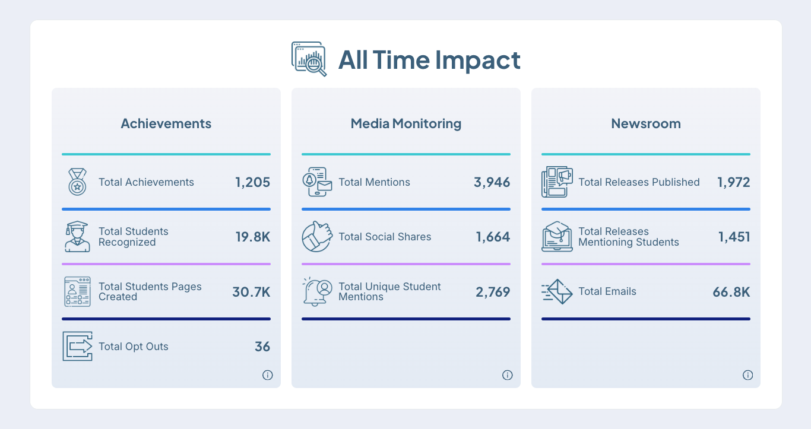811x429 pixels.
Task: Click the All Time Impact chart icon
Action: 309,59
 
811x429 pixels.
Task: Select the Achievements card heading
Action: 166,123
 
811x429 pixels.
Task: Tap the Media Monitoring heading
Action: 406,123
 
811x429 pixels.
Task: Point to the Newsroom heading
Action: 646,123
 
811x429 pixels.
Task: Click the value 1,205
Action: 252,182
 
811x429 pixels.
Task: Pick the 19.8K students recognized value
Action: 253,237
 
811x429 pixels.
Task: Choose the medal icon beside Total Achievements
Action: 77,182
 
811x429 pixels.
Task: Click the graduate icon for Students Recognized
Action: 77,237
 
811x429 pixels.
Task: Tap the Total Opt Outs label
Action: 134,347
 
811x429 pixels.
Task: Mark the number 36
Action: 262,347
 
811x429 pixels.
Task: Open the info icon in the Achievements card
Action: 268,375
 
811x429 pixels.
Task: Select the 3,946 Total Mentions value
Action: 492,182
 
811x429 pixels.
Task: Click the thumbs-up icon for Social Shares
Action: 316,237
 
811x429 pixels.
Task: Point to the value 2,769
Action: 493,292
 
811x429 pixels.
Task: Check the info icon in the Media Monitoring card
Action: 508,375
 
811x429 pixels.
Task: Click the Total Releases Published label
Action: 639,182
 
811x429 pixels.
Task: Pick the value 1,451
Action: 734,237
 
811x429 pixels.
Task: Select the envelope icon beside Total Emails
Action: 557,292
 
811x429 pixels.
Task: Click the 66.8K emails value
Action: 731,292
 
